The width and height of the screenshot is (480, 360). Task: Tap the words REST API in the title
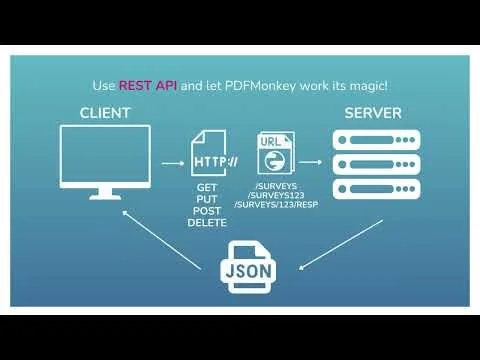click(147, 85)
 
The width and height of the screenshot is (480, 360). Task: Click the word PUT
click(208, 200)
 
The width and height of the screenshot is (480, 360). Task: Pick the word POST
click(208, 211)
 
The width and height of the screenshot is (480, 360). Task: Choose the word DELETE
click(208, 222)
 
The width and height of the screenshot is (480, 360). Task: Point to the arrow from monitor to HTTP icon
click(172, 160)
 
